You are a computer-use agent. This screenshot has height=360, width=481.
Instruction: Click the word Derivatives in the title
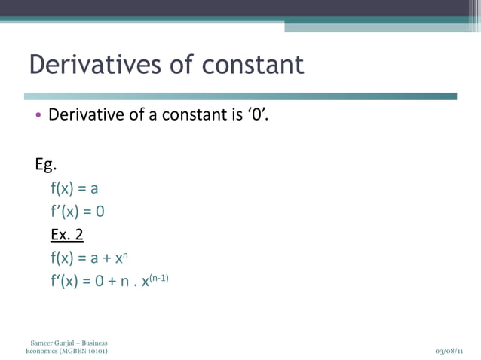[94, 65]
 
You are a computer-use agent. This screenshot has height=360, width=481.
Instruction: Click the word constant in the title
[253, 65]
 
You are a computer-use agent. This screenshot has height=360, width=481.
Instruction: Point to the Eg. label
[47, 164]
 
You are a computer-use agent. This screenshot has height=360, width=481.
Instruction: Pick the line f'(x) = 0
[77, 212]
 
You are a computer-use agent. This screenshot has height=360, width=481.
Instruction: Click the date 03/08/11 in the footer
[449, 352]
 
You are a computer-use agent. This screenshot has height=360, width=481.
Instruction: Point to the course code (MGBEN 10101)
[83, 352]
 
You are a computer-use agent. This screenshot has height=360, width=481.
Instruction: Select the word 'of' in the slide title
[181, 65]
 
